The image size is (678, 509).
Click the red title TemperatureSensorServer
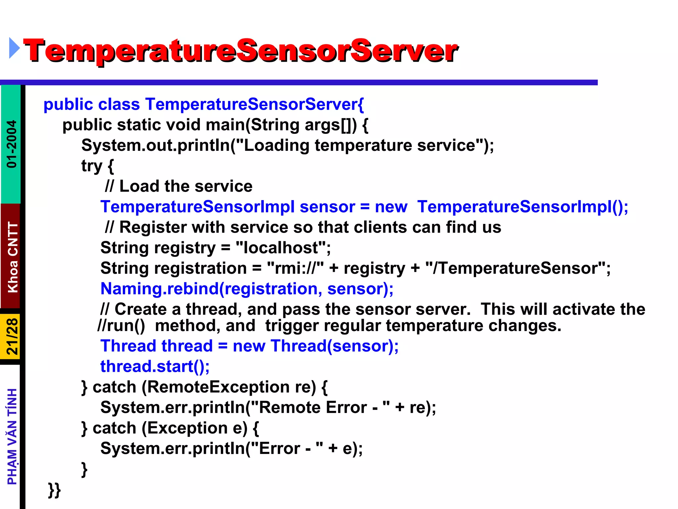pos(241,50)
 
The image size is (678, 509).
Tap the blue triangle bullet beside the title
pos(14,48)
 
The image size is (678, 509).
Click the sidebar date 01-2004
pos(12,144)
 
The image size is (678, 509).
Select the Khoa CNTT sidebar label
pos(13,257)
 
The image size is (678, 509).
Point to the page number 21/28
pos(12,337)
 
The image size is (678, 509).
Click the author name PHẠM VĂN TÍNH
pos(12,436)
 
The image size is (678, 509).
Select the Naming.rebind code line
pos(247,289)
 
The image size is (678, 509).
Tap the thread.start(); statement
pos(155,367)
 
